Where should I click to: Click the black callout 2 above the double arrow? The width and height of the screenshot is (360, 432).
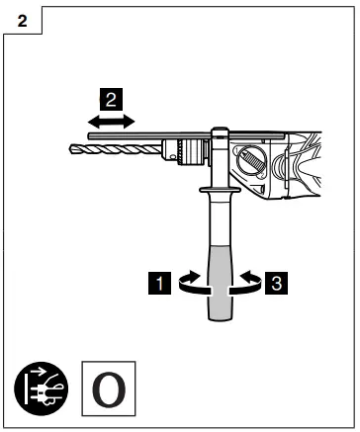click(x=112, y=98)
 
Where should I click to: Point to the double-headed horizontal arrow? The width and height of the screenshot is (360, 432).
click(x=112, y=120)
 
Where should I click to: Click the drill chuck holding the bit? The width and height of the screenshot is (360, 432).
click(x=187, y=151)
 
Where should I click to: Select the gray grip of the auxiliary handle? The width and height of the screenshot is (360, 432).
click(x=218, y=282)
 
